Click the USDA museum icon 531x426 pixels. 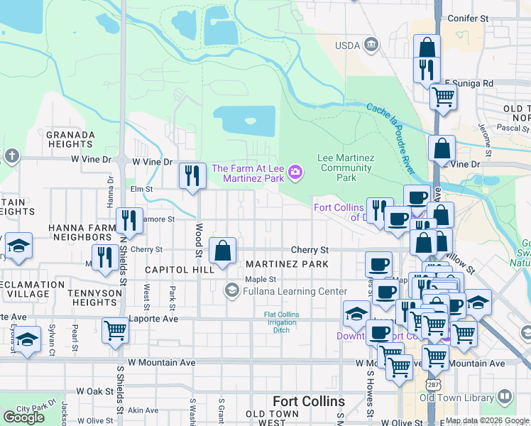[x=371, y=46]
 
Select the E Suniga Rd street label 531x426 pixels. [x=469, y=83]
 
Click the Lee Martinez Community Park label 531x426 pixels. [x=346, y=168]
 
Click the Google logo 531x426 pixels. [x=24, y=417]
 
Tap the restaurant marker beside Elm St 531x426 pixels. [x=191, y=175]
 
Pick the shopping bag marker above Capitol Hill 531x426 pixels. [x=223, y=250]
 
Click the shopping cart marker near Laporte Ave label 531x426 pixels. [x=114, y=329]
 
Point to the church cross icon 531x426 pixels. [x=11, y=155]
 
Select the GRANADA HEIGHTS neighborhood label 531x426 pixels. [x=70, y=139]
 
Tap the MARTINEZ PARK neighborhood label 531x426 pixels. [x=287, y=264]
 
